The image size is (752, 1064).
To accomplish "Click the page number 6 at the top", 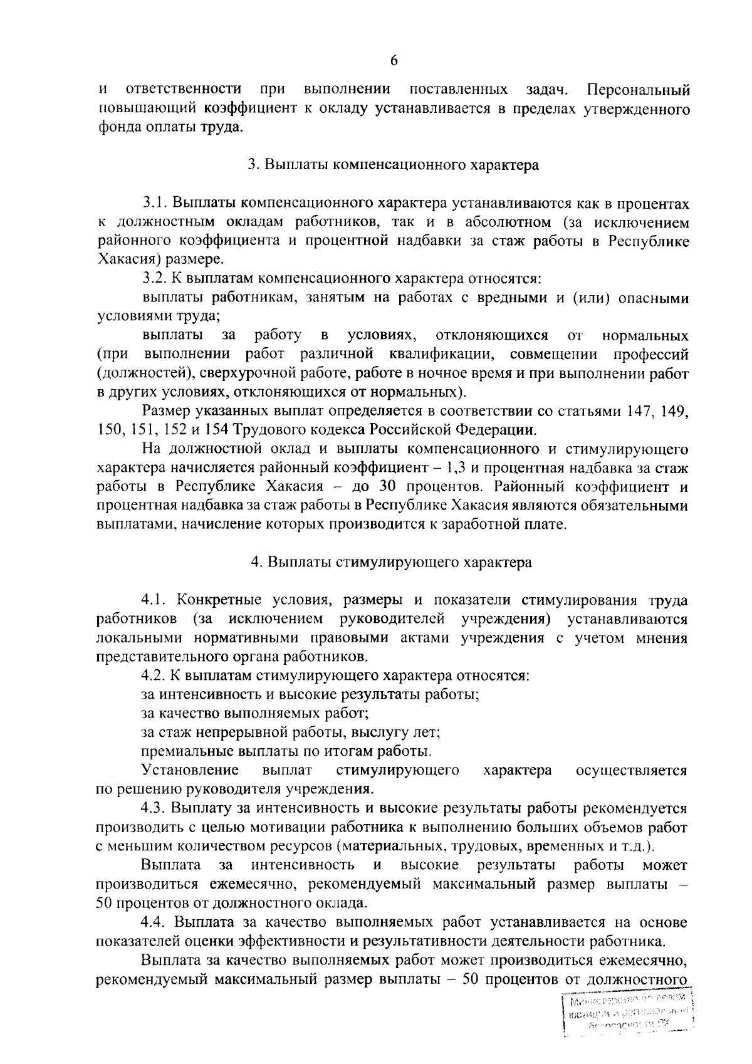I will click(394, 60).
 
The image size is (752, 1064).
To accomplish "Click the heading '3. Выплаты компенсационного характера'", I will click(393, 165).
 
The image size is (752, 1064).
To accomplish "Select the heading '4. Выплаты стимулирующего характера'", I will click(392, 562).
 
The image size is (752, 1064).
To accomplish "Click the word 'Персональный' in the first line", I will click(639, 90).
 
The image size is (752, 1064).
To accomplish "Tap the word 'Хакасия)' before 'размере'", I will click(128, 260).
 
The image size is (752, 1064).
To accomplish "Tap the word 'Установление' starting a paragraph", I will click(190, 770).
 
